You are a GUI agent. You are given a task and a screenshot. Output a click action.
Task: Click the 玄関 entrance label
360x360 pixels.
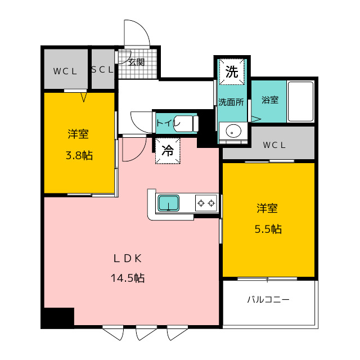[136, 62]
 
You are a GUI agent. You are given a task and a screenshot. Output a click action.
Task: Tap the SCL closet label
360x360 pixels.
[102, 70]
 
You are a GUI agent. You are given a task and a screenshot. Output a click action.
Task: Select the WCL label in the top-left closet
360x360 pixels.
[65, 71]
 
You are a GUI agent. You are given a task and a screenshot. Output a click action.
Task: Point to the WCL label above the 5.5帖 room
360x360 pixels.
[274, 145]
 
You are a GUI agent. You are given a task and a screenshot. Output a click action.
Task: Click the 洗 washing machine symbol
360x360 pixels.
[232, 72]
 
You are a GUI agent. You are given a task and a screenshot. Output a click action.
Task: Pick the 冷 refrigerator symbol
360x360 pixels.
[168, 151]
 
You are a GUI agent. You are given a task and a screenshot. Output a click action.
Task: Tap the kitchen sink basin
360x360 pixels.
[168, 203]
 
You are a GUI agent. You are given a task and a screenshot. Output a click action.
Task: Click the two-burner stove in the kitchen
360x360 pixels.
[206, 203]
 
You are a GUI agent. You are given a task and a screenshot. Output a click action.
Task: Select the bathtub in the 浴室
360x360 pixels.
[300, 101]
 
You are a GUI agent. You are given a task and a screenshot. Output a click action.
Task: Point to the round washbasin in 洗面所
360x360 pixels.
[233, 131]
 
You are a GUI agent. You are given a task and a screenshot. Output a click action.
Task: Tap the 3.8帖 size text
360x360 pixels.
[79, 156]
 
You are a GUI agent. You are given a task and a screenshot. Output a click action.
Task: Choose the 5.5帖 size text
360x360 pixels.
[268, 229]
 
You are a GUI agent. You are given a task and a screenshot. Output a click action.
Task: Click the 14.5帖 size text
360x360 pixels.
[128, 278]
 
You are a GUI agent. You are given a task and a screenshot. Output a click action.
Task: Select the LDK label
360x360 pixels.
[128, 259]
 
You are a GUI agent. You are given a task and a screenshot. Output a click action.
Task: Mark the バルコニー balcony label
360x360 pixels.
[268, 300]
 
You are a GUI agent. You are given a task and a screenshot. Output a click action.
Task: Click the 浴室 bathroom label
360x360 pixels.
[270, 100]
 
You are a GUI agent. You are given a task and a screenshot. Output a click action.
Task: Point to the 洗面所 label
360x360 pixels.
[231, 102]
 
